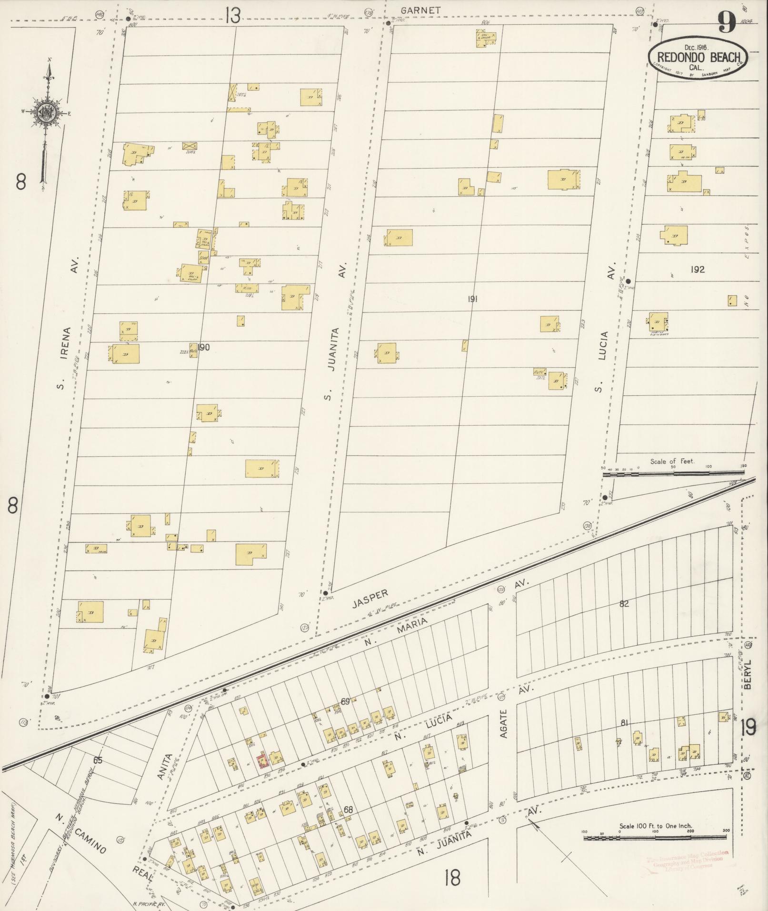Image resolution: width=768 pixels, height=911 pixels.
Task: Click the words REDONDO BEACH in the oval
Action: [698, 58]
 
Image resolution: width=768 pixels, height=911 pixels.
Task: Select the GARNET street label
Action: [420, 10]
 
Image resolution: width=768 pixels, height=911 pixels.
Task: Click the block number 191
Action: [472, 299]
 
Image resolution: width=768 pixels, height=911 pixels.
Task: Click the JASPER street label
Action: [370, 599]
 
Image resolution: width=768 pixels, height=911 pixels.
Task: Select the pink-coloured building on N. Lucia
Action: [262, 761]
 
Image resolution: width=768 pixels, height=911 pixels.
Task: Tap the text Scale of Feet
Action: [672, 461]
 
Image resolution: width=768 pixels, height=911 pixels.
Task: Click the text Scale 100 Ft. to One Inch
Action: [655, 826]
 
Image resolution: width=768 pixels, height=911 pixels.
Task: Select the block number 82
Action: [624, 604]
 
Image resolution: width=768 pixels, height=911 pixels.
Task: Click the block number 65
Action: [98, 761]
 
